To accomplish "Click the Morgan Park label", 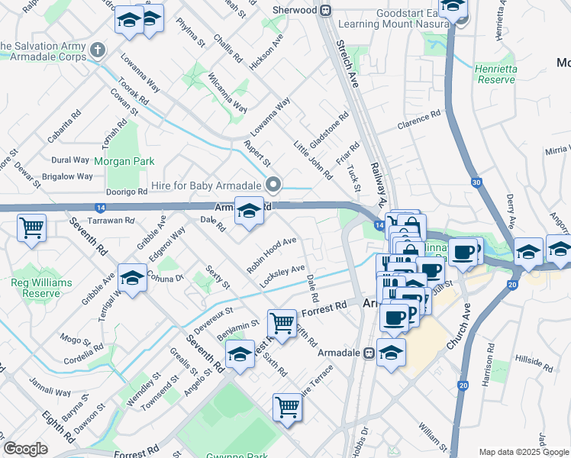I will point(124,161).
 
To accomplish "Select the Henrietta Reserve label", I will point(495,73).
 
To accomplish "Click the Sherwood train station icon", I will point(325,10).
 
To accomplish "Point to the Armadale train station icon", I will point(368,353).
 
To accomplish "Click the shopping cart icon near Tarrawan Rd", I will point(32,227).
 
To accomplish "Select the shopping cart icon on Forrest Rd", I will point(282,323).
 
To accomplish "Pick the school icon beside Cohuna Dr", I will point(132,279).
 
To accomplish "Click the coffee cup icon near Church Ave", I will point(463,252).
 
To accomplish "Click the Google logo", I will point(25,449).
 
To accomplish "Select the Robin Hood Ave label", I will point(271,255).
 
